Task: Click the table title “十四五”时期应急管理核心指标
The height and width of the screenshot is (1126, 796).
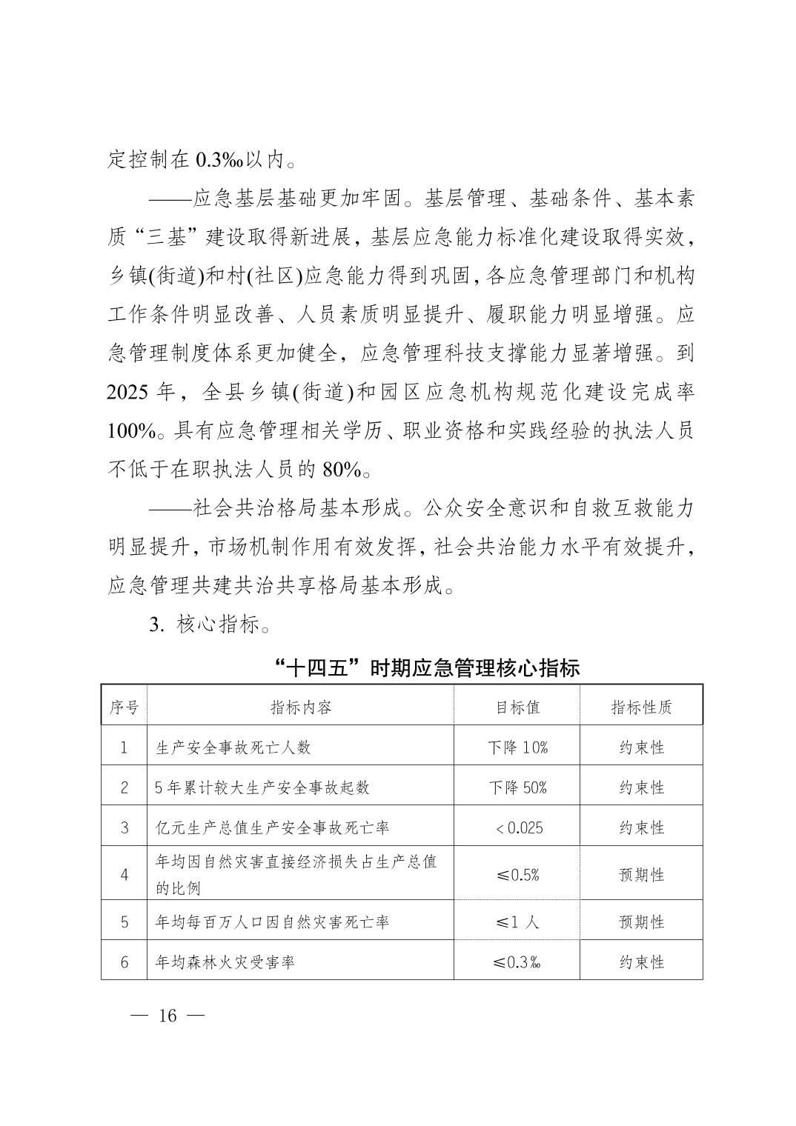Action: (426, 667)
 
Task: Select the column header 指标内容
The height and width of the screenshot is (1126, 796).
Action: (300, 707)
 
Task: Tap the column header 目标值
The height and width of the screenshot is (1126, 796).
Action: (517, 707)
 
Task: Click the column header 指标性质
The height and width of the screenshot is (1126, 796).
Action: (641, 707)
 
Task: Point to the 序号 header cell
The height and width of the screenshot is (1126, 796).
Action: (124, 707)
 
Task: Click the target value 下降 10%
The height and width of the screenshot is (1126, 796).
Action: (517, 747)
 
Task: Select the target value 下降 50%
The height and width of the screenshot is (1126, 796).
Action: (517, 787)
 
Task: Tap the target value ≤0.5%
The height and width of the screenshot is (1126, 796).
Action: (517, 875)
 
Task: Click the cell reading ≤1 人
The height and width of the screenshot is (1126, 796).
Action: (517, 922)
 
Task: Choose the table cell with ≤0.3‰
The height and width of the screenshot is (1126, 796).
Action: (517, 962)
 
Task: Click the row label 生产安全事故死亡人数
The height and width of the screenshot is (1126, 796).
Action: (233, 747)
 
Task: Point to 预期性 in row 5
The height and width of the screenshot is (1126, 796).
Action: (641, 922)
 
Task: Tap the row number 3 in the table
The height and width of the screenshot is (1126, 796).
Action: (124, 827)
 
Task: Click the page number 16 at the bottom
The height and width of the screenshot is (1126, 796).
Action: (168, 1015)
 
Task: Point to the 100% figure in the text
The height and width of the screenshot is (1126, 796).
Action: (130, 430)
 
